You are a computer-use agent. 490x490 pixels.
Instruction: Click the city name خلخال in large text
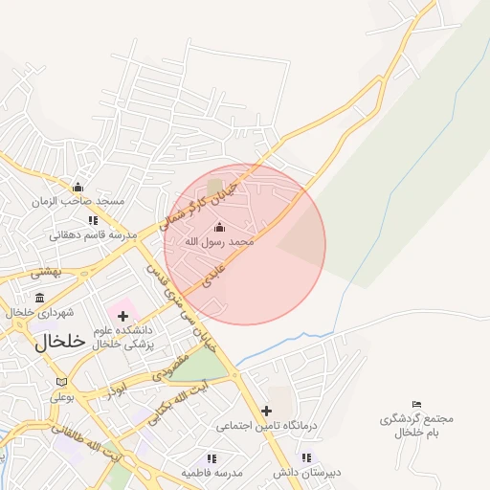click(x=59, y=343)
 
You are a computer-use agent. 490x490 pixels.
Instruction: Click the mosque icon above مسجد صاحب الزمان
click(x=78, y=187)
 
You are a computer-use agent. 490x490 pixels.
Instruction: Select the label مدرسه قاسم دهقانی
click(x=94, y=234)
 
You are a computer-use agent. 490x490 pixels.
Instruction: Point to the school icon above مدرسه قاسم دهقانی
click(x=93, y=220)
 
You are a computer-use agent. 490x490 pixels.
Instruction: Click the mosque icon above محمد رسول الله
click(x=219, y=227)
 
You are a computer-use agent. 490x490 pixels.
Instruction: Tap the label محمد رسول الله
click(x=219, y=242)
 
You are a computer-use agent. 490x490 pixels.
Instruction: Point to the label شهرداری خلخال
click(x=39, y=313)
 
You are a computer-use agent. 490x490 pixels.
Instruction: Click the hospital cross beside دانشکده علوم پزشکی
click(x=122, y=316)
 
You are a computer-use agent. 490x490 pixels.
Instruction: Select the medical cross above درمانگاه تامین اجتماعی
click(x=266, y=411)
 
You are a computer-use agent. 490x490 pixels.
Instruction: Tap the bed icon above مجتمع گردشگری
click(x=416, y=405)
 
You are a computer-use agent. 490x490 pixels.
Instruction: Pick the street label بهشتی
click(x=46, y=273)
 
